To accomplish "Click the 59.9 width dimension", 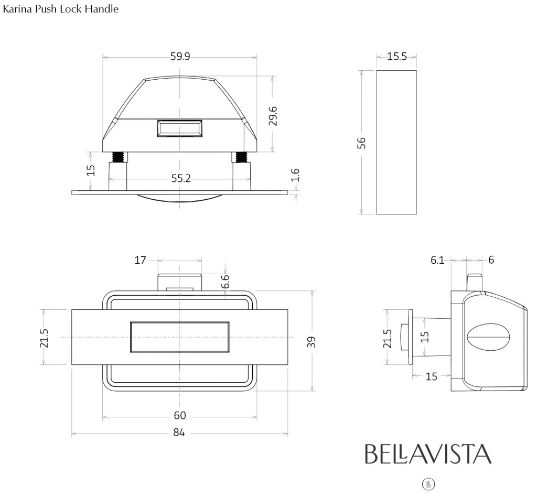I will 180,57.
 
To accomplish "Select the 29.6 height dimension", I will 273,115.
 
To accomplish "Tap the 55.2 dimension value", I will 181,179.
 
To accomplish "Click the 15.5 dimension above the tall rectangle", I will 396,57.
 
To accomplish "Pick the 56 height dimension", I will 361,143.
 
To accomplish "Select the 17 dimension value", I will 140,260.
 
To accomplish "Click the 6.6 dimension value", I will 225,281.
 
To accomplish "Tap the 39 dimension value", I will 312,341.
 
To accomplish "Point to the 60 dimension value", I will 180,416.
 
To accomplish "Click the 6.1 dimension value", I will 437,260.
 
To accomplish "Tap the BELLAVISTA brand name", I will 428,454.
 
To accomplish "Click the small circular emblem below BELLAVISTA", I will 428,484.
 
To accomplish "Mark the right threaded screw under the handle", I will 241,157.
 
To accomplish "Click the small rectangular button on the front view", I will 180,128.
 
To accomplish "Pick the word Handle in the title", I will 104,9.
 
